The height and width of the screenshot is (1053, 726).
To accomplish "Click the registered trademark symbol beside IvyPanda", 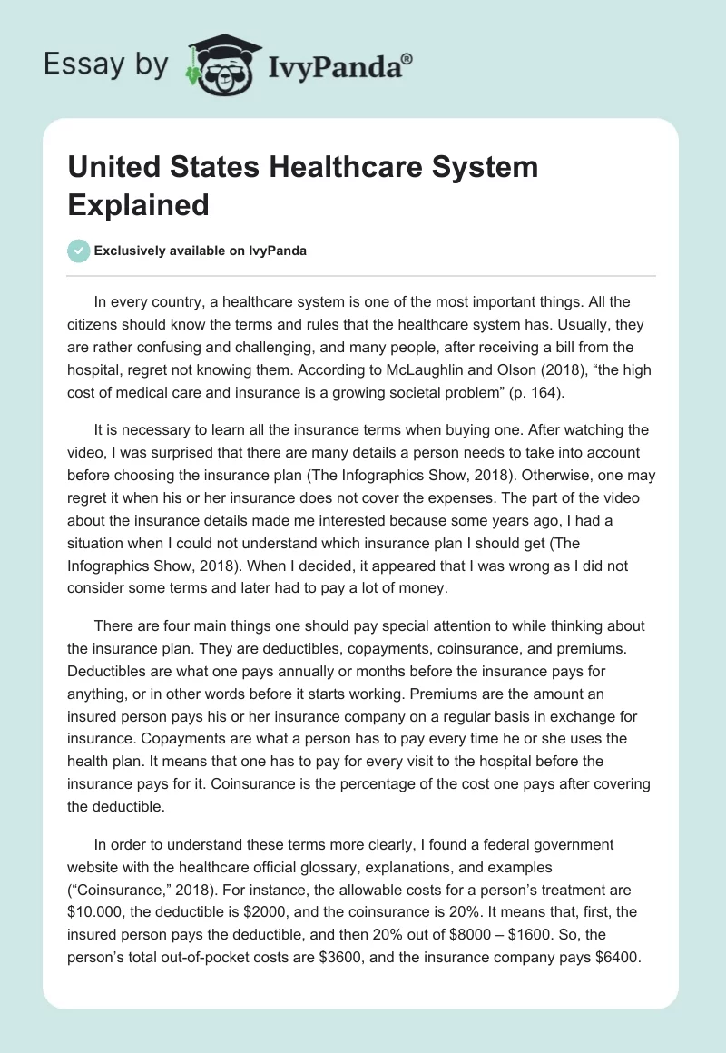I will tap(407, 59).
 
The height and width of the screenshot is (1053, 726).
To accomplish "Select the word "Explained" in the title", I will tap(139, 203).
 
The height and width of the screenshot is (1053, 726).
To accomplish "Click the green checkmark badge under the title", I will tap(79, 251).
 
